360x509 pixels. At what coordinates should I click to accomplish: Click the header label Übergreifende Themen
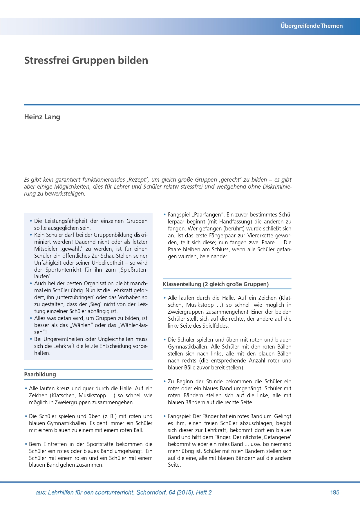pyautogui.click(x=311, y=26)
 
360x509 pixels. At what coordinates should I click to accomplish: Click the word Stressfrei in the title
pyautogui.click(x=46, y=60)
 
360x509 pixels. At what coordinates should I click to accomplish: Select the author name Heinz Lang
pyautogui.click(x=42, y=117)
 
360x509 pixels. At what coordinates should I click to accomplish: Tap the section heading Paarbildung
pyautogui.click(x=40, y=374)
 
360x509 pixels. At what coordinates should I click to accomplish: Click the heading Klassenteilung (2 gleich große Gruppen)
pyautogui.click(x=216, y=284)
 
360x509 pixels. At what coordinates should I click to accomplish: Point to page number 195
pyautogui.click(x=334, y=492)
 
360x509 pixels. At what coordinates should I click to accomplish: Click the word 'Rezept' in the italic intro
pyautogui.click(x=138, y=180)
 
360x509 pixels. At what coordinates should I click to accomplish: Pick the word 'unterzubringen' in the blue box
pyautogui.click(x=75, y=297)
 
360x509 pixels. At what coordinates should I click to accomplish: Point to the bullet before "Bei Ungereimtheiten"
pyautogui.click(x=31, y=339)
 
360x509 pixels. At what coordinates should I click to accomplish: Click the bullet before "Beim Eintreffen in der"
pyautogui.click(x=26, y=444)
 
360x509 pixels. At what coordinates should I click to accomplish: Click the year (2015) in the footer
pyautogui.click(x=184, y=492)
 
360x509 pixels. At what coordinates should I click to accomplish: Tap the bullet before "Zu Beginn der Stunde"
pyautogui.click(x=165, y=382)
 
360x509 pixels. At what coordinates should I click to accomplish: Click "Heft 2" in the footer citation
pyautogui.click(x=204, y=492)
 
